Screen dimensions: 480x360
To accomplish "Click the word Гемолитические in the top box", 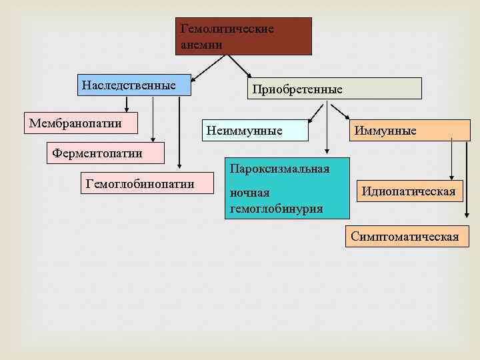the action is [x=227, y=29].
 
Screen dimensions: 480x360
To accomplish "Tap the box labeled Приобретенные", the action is [x=336, y=89].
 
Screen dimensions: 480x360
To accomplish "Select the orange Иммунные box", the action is [x=402, y=130].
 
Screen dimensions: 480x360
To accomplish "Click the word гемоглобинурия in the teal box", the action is [x=276, y=209].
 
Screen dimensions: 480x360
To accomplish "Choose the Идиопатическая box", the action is [x=409, y=192].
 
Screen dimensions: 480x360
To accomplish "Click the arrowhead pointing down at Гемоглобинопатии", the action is [x=180, y=167].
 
